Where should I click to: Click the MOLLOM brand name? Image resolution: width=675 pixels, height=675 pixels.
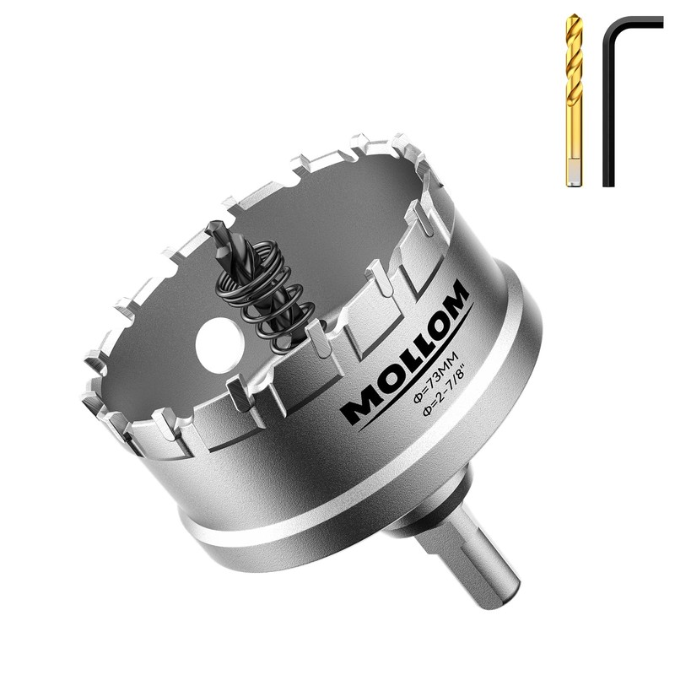pyautogui.click(x=405, y=351)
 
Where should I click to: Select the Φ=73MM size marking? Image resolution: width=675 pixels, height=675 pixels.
pyautogui.click(x=435, y=377)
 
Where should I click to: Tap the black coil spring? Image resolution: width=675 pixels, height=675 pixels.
pyautogui.click(x=267, y=293)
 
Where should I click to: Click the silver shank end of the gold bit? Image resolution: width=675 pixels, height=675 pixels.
pyautogui.click(x=573, y=172)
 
